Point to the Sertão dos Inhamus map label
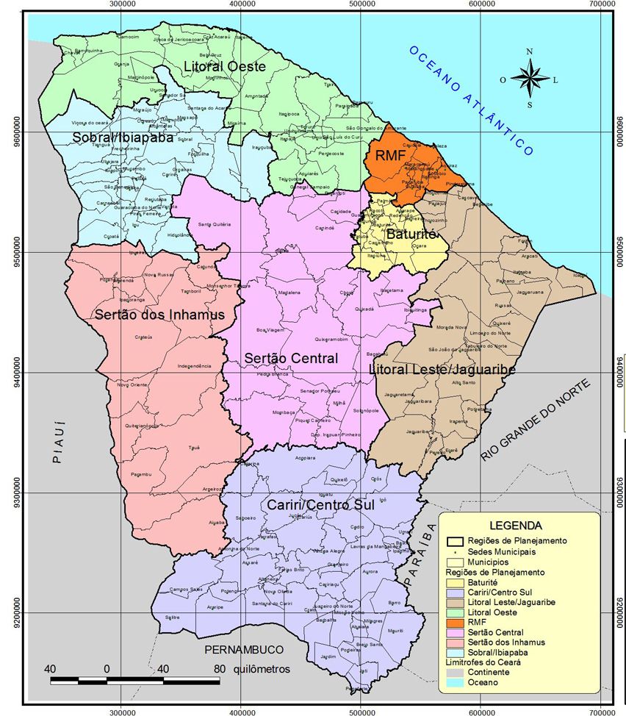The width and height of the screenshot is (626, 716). pos(159,315)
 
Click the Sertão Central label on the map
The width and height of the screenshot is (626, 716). pos(291,358)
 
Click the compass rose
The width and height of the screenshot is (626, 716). pos(529,76)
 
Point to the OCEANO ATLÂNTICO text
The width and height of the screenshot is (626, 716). pos(470,100)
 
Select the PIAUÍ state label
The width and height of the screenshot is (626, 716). pos(58,442)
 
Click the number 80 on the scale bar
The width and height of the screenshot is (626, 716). pos(219,669)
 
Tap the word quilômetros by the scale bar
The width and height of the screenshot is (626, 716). pos(262,669)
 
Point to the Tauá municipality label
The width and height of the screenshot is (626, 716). pos(194,447)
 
